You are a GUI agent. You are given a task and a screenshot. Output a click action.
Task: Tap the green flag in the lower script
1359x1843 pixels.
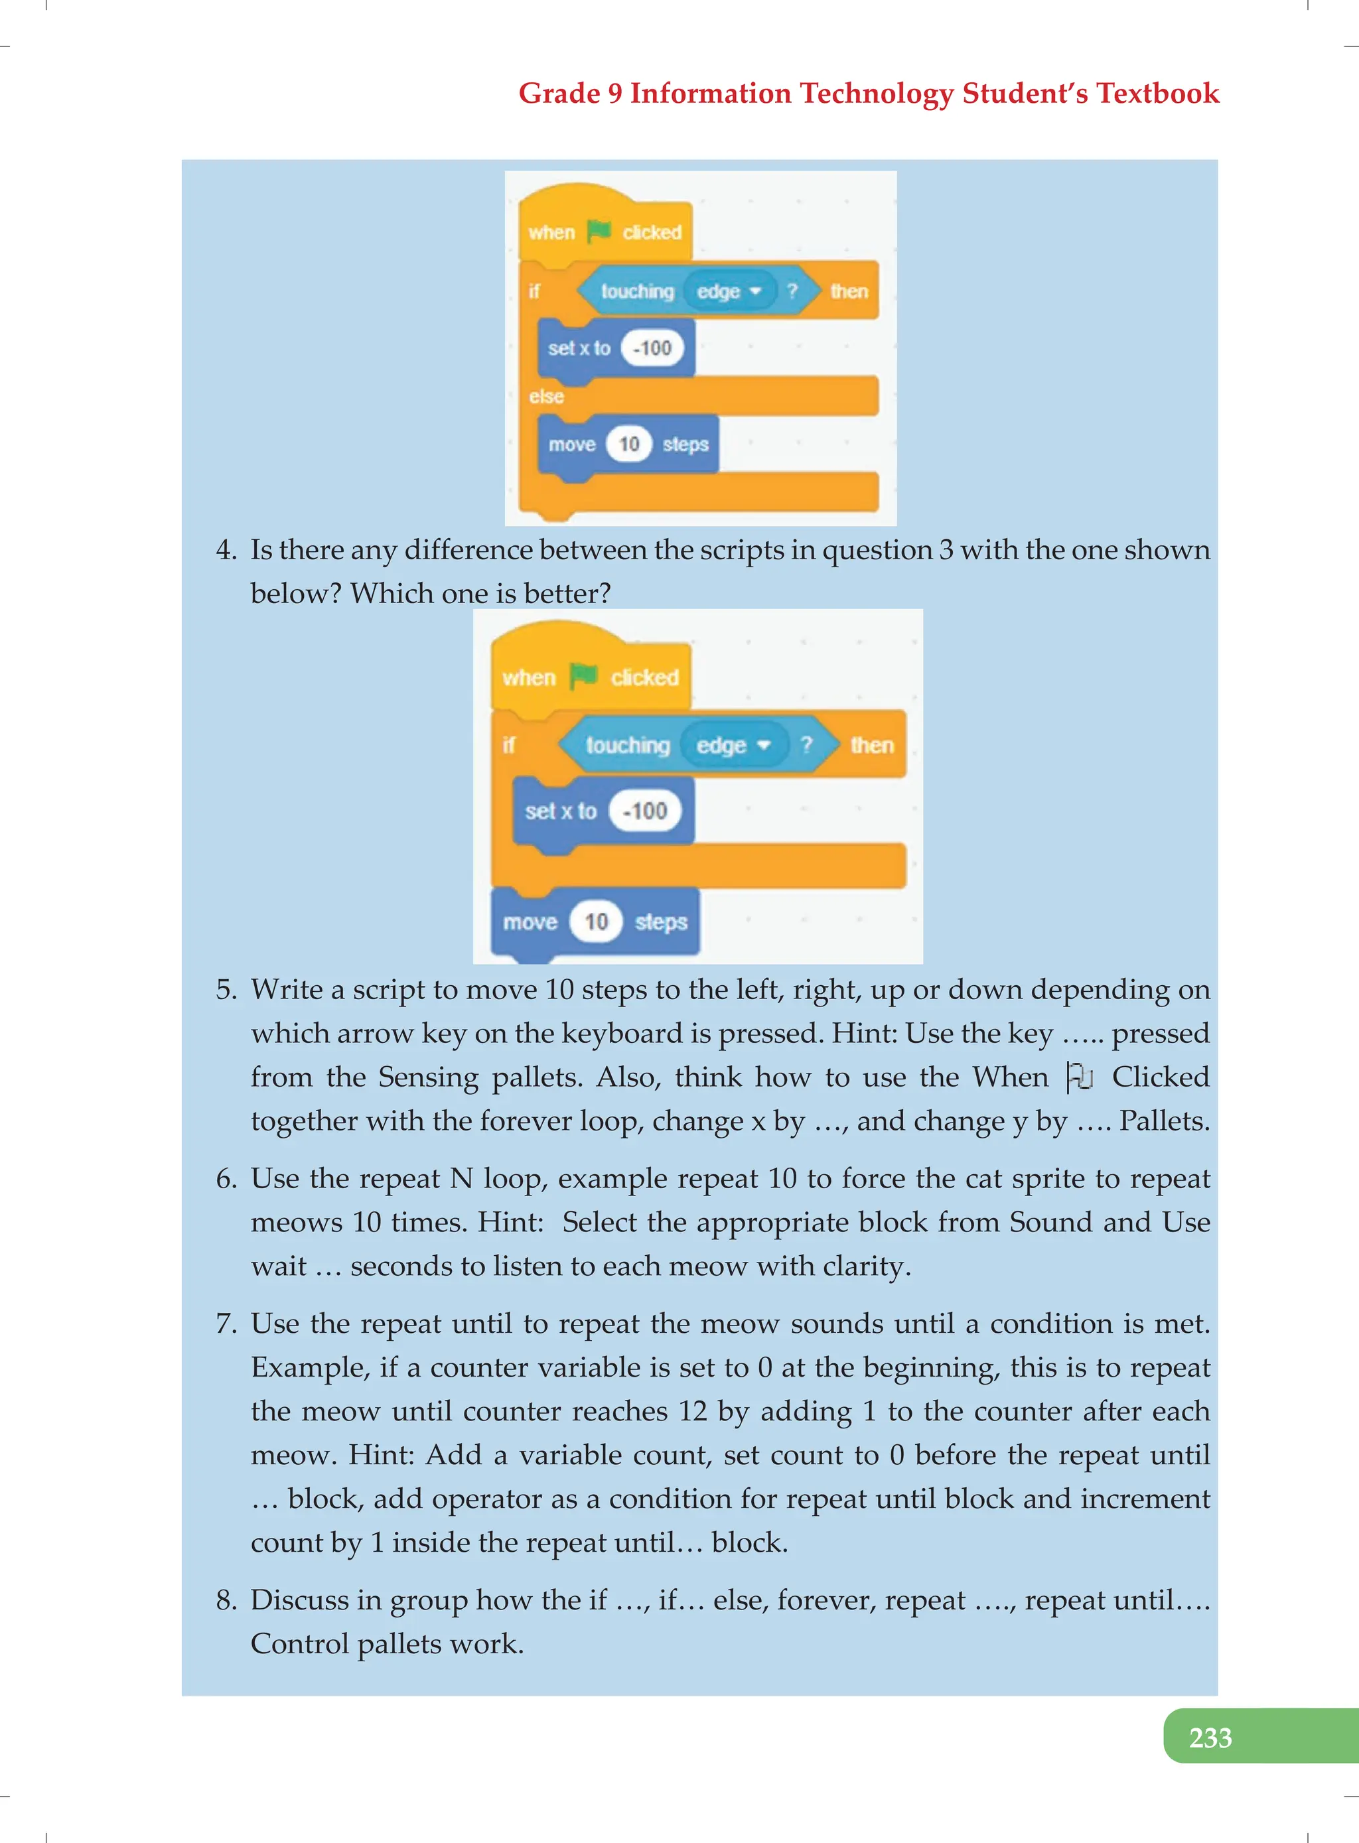point(583,676)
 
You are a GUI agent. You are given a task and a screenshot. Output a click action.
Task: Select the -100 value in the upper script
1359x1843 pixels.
point(652,348)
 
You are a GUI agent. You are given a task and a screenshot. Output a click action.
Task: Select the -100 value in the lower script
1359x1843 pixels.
point(644,811)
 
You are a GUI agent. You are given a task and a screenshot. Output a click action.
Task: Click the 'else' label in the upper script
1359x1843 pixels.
point(546,396)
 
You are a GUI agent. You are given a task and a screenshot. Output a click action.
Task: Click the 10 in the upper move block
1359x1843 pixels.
point(628,444)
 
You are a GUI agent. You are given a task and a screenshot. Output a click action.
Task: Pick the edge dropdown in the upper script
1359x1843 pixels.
point(729,291)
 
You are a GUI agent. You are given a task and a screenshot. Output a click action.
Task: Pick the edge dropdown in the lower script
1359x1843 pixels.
point(731,745)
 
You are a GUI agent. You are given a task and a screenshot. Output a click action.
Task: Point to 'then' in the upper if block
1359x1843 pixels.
point(849,291)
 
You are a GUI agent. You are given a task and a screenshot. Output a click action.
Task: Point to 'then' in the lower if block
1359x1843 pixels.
point(871,745)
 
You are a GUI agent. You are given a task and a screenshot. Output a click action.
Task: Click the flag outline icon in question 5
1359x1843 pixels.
point(1078,1077)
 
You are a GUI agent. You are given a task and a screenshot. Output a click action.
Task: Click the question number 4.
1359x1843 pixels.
point(226,549)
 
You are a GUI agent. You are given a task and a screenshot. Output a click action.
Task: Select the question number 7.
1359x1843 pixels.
point(226,1324)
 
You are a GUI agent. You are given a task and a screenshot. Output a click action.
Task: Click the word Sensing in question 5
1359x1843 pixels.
point(428,1077)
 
